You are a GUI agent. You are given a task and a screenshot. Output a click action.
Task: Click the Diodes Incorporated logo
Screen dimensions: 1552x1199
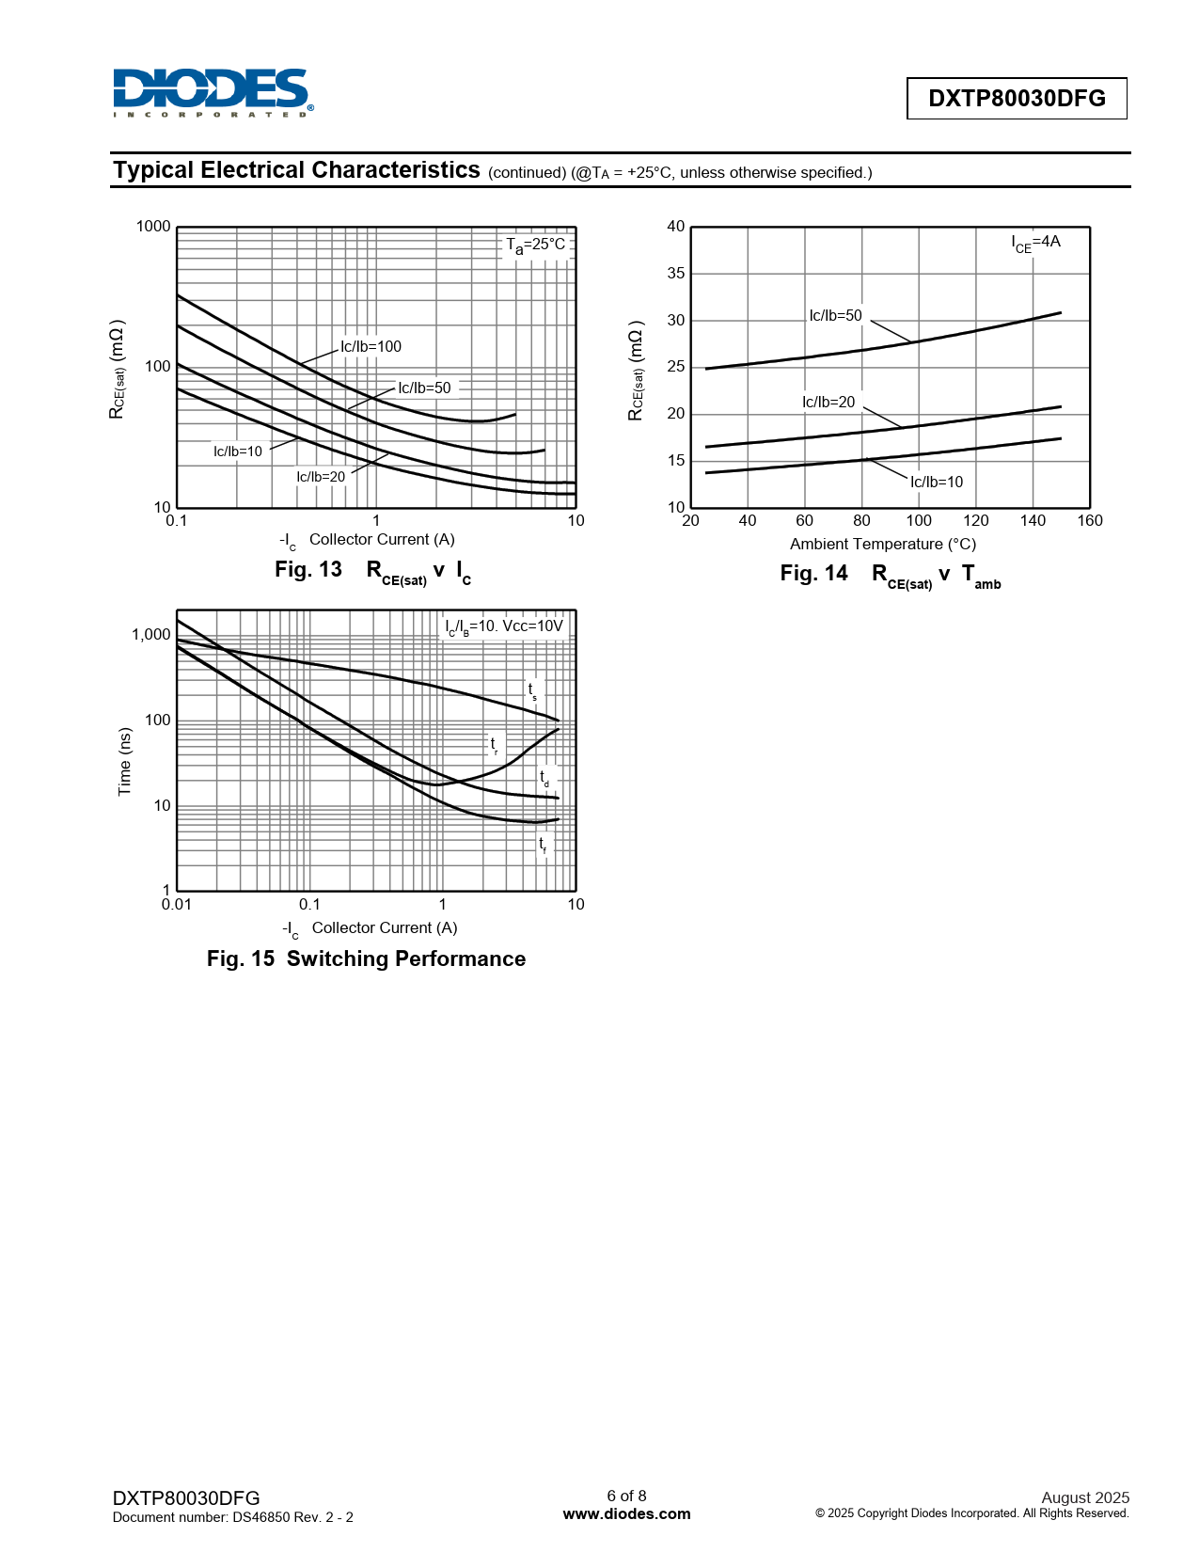pos(213,92)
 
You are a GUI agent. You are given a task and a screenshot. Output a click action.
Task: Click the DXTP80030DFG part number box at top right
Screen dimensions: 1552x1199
pos(1016,99)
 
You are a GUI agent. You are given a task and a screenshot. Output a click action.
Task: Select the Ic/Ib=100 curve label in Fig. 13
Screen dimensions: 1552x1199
pos(371,347)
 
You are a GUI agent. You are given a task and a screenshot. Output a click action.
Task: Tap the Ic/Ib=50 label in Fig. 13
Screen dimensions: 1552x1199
pos(424,388)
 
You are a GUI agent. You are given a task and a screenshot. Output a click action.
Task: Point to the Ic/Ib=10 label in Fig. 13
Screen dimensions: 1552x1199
pos(238,451)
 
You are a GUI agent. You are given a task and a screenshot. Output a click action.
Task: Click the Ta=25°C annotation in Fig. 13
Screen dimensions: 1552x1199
pos(536,245)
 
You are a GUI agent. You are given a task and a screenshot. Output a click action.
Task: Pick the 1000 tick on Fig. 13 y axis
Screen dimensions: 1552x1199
pos(153,227)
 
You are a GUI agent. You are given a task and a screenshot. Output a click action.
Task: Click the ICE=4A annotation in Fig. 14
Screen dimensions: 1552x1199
pos(1035,243)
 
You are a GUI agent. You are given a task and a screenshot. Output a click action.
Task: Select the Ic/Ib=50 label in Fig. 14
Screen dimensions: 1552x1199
pos(835,316)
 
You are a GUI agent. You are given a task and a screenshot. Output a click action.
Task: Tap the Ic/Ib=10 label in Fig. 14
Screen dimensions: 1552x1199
pos(937,483)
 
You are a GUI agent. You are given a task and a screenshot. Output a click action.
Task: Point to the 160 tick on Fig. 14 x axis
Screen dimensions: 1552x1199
pos(1089,521)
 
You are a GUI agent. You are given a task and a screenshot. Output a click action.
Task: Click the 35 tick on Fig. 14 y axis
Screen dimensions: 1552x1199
pos(676,274)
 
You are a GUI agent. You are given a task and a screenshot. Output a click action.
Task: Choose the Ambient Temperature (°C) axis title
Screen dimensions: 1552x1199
pos(883,545)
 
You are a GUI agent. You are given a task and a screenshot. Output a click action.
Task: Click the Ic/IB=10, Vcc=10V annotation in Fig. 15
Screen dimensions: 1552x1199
pos(504,627)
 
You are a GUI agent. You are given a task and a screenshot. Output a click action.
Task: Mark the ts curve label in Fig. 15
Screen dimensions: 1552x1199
pos(532,691)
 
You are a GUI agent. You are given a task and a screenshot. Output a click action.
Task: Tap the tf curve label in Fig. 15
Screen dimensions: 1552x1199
pos(543,845)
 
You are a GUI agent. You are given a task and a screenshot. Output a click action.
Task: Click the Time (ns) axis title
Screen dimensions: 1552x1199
pos(125,762)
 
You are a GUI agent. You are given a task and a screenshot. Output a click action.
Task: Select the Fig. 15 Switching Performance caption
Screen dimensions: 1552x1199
pos(366,958)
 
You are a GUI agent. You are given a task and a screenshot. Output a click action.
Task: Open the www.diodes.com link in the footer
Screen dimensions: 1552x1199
pos(626,1514)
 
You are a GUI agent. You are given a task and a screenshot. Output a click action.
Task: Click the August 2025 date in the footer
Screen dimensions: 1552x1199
pos(1084,1497)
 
